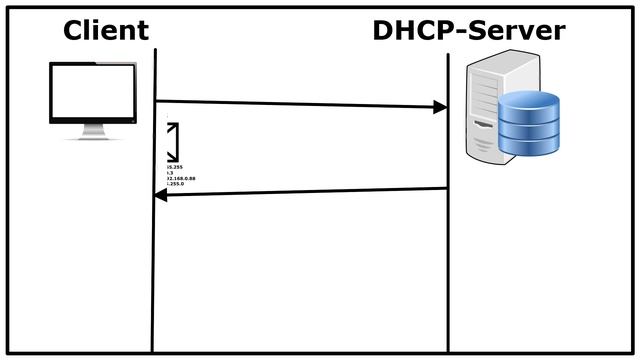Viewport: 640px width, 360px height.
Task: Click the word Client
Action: pos(105,30)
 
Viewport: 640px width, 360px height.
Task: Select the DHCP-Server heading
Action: pos(468,30)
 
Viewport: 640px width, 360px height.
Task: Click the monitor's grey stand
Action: pos(93,130)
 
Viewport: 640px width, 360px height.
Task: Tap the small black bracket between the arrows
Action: pos(174,141)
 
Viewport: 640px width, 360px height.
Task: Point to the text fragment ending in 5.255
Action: pos(174,166)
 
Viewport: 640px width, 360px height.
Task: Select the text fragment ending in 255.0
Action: pos(175,185)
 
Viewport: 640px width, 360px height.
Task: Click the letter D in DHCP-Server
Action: pos(384,30)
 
